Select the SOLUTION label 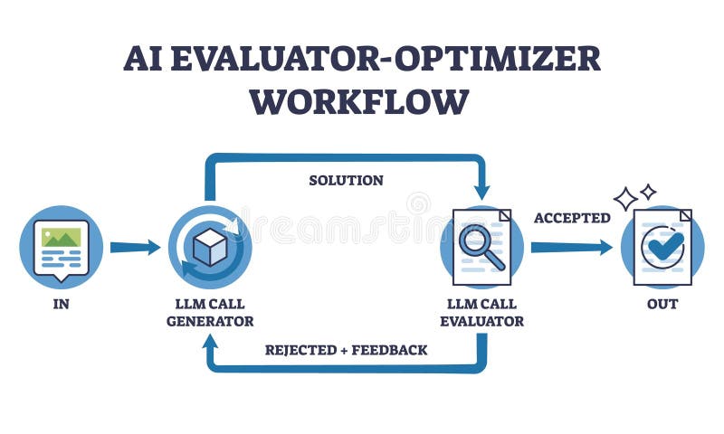[346, 181]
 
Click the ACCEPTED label [572, 218]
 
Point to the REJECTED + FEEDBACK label [346, 349]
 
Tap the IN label [61, 304]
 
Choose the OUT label [662, 304]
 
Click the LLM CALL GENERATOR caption [210, 312]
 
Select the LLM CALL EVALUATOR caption [481, 312]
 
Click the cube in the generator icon [210, 247]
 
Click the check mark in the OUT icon [665, 246]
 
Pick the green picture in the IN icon [61, 238]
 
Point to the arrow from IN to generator [134, 247]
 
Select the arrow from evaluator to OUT [570, 247]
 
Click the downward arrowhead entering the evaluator [481, 191]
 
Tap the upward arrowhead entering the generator [210, 342]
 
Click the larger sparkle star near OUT [625, 198]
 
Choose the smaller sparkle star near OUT [648, 191]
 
